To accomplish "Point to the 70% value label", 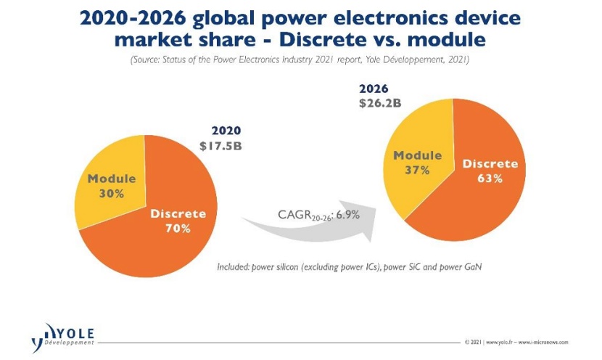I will click(178, 229).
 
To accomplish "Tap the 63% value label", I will click(490, 178).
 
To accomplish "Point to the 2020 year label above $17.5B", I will click(226, 131).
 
